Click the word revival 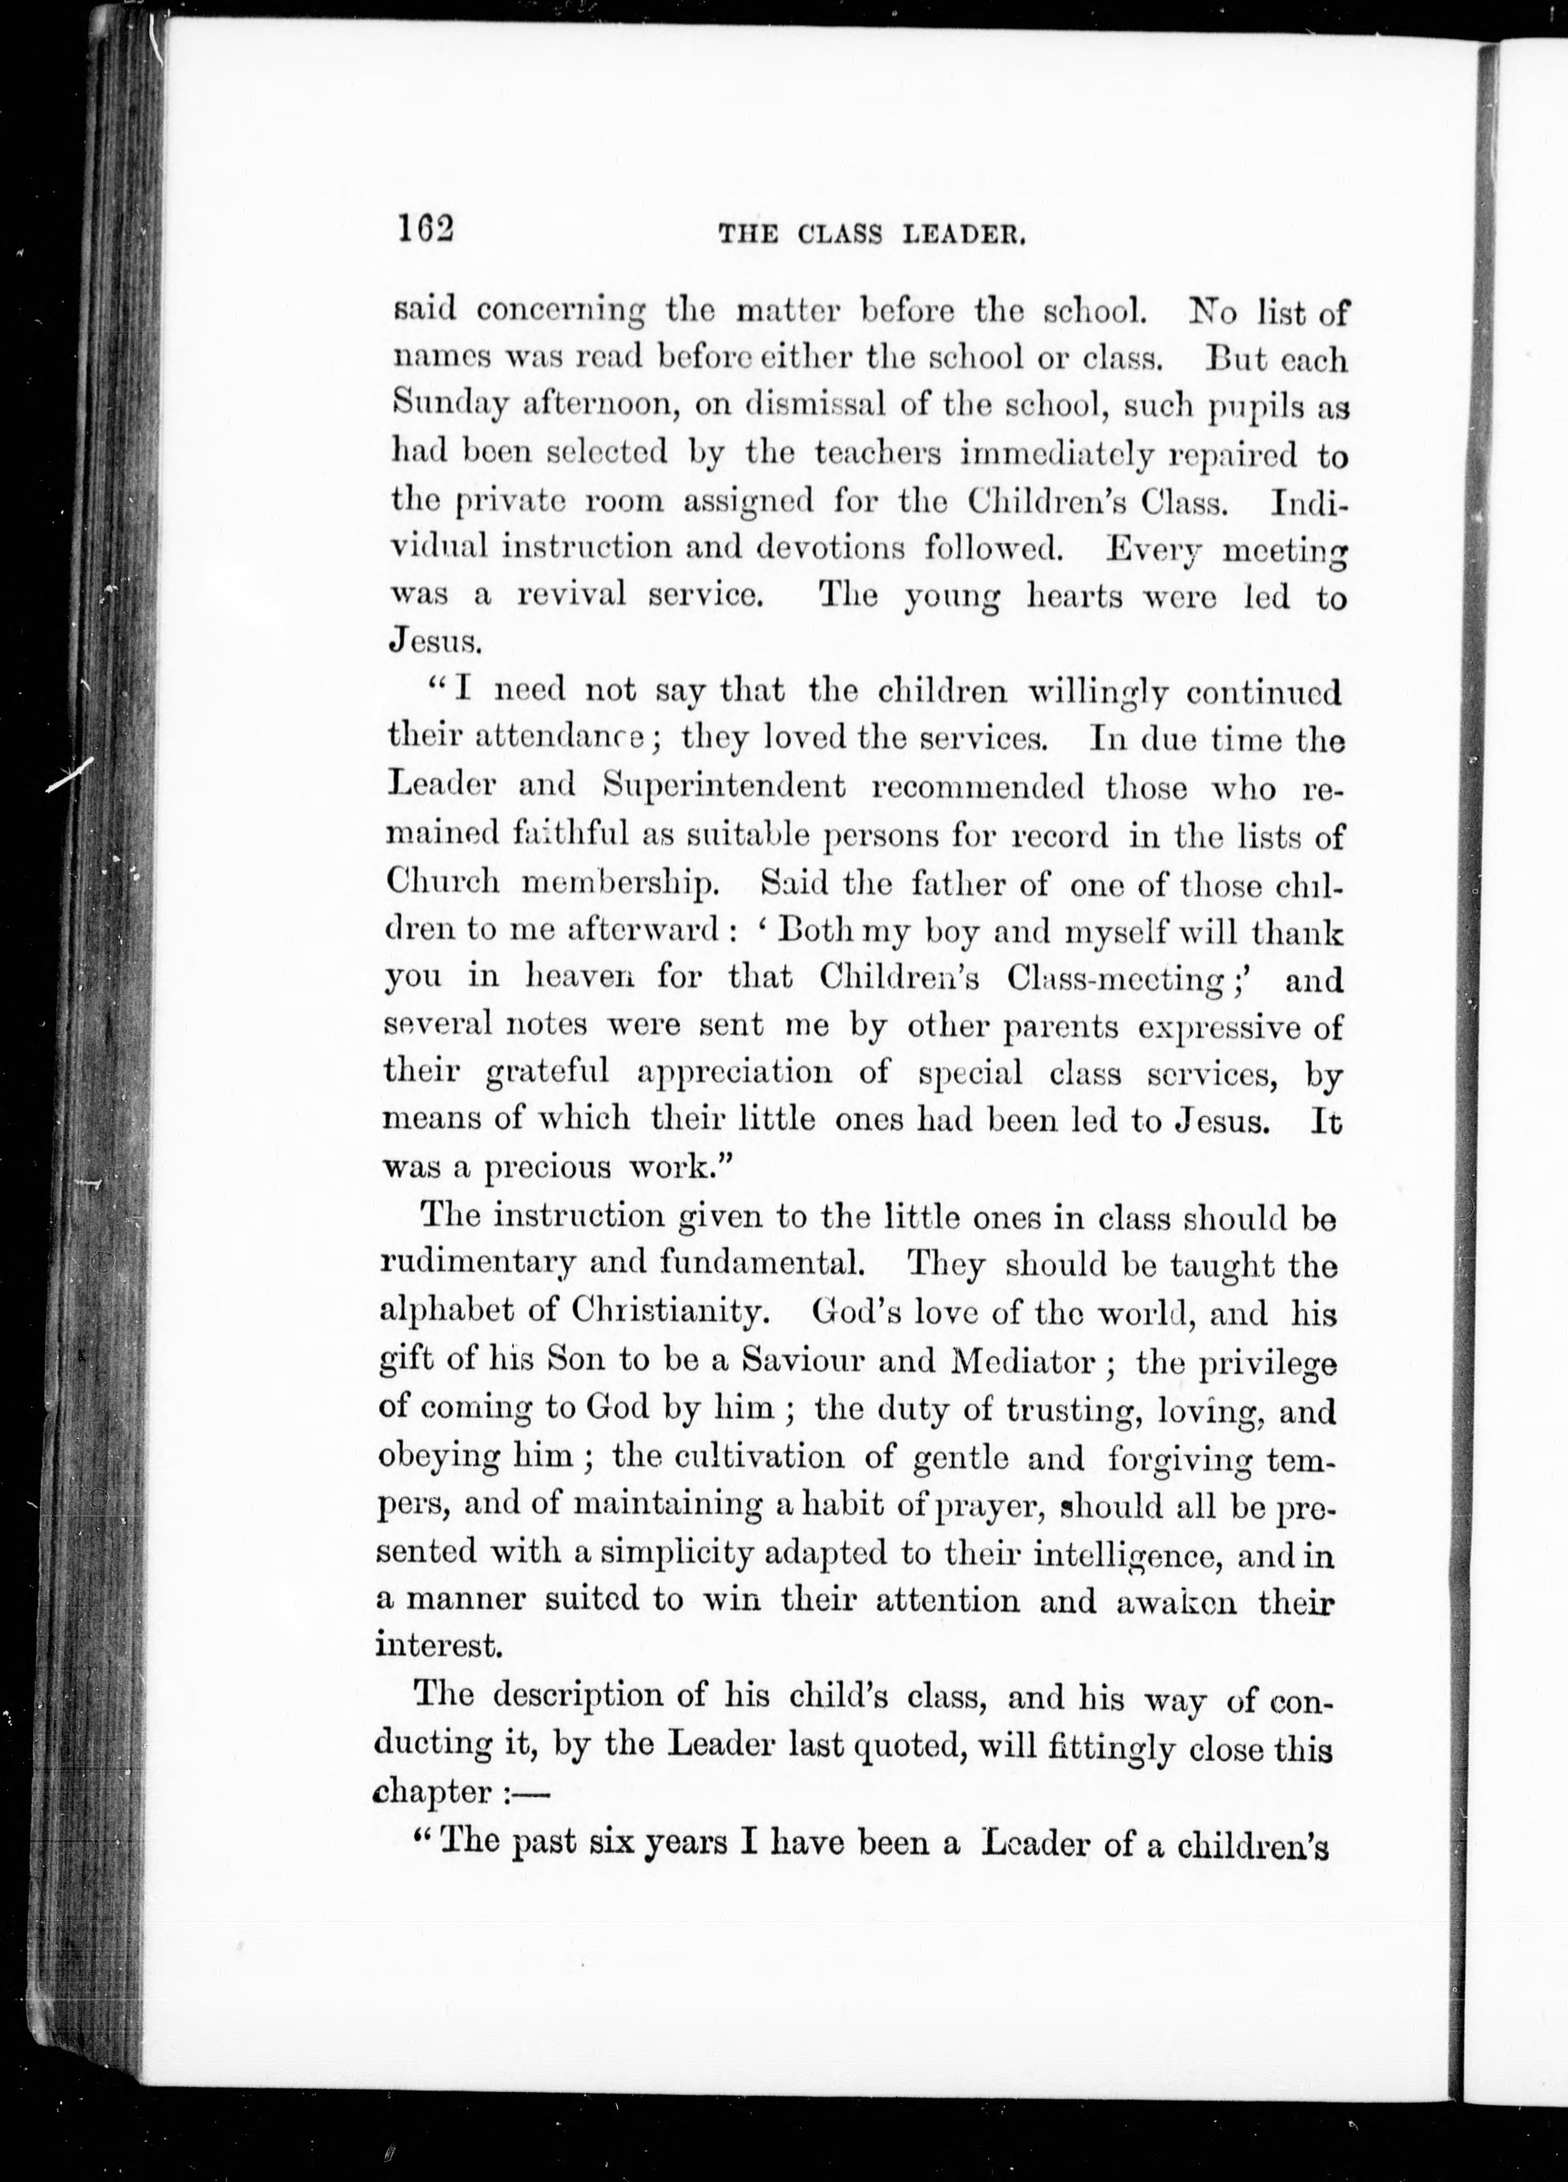(x=571, y=595)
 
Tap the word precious (x=547, y=1168)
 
